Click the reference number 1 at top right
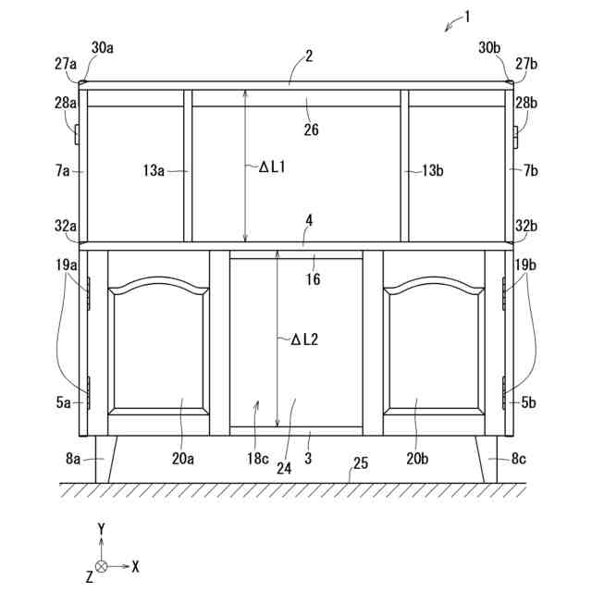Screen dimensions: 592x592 468,15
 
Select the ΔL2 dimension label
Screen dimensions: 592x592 304,339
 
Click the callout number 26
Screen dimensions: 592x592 311,129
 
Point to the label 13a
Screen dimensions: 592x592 154,170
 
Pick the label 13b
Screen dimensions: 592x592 432,170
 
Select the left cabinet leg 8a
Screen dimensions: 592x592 104,459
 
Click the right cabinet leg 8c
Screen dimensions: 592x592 487,459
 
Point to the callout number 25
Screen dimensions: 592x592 360,462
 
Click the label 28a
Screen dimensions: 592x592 66,103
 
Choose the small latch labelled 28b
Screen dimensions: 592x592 516,135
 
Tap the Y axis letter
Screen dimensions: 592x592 101,528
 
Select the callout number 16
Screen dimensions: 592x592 314,278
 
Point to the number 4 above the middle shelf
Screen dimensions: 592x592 309,221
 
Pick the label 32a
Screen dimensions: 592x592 66,226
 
